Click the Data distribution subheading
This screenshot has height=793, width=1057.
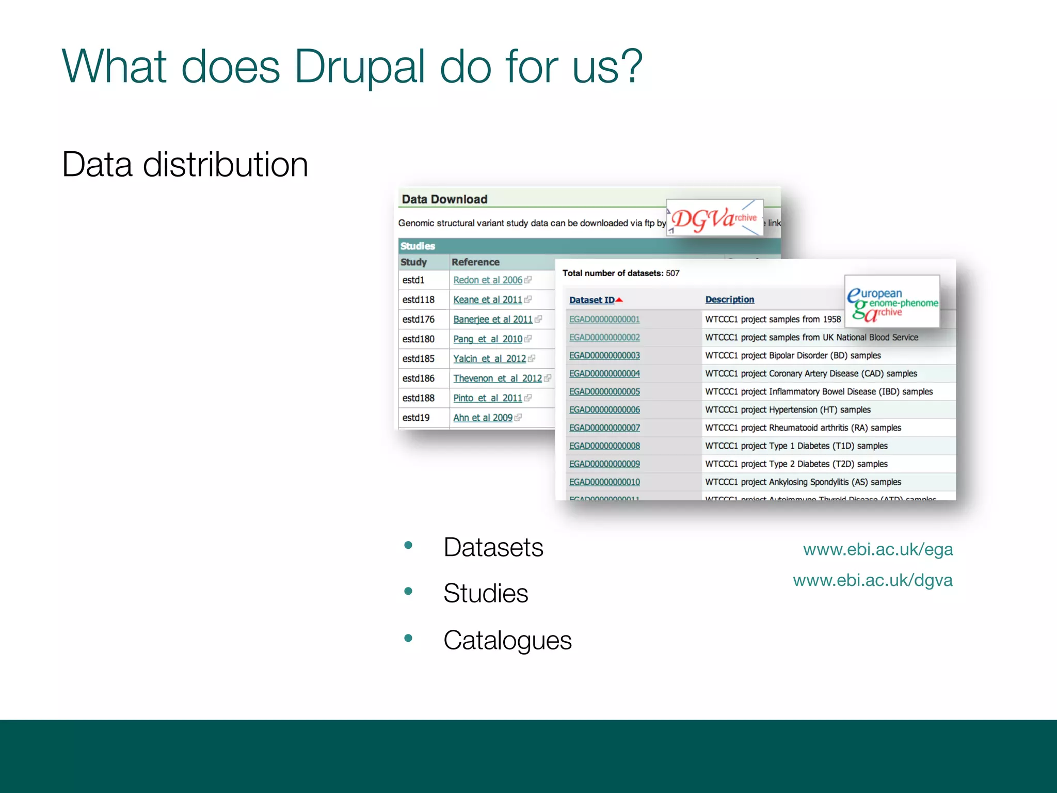[x=185, y=165]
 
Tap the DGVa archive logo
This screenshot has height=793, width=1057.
[x=714, y=218]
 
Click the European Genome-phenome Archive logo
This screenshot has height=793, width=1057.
[x=892, y=303]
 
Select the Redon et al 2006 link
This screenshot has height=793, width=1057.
[x=488, y=280]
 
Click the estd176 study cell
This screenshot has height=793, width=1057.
[x=419, y=320]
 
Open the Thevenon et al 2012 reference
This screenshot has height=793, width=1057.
[x=498, y=378]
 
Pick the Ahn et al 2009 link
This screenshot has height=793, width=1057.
[x=483, y=418]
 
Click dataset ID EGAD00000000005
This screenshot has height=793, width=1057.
[x=604, y=392]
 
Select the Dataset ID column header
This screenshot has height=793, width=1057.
[x=591, y=300]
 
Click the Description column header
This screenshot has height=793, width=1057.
[x=729, y=299]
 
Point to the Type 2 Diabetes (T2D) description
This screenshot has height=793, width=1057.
[x=796, y=464]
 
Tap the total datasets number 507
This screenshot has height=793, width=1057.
[x=672, y=273]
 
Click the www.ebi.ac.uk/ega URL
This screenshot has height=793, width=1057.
[x=878, y=549]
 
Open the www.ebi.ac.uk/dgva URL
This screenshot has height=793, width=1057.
[x=873, y=580]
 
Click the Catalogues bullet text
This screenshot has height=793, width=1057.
[x=507, y=641]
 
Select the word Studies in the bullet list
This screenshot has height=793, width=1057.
[x=486, y=593]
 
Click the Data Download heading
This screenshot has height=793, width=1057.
[x=444, y=199]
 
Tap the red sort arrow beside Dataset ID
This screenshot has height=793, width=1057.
[x=619, y=300]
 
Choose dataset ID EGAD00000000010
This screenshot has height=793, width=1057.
[x=604, y=482]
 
